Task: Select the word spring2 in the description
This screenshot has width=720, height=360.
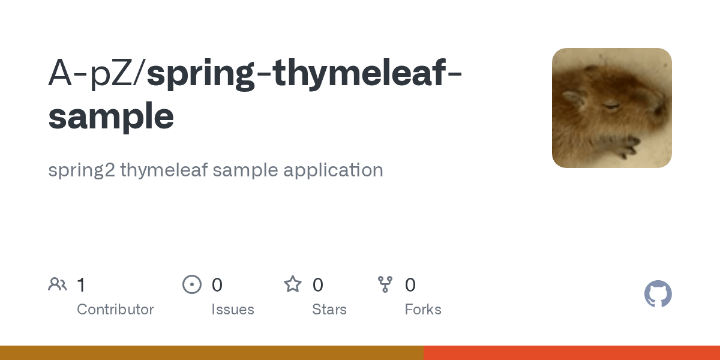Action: (81, 170)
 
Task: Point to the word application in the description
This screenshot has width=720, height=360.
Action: (333, 170)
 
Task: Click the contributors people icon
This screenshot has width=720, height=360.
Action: (58, 284)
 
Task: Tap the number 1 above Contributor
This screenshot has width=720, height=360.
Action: (81, 285)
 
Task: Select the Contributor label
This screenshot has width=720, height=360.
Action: (115, 310)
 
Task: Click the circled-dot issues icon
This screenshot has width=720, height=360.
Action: (191, 284)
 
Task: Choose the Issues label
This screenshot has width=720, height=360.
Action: (233, 310)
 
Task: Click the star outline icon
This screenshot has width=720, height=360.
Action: (293, 284)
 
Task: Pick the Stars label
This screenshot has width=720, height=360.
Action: (329, 310)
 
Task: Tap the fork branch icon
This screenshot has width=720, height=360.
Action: (385, 284)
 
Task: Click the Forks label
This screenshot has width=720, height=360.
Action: (423, 310)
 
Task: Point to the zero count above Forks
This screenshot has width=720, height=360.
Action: (410, 285)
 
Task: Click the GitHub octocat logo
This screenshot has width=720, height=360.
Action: (658, 294)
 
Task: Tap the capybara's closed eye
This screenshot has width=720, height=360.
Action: (611, 107)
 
